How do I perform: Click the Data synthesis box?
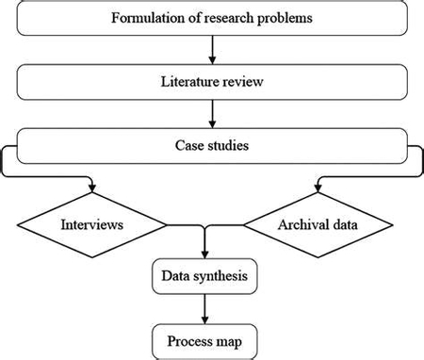(205, 275)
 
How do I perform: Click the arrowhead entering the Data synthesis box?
(205, 254)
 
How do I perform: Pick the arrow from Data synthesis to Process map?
(205, 307)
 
